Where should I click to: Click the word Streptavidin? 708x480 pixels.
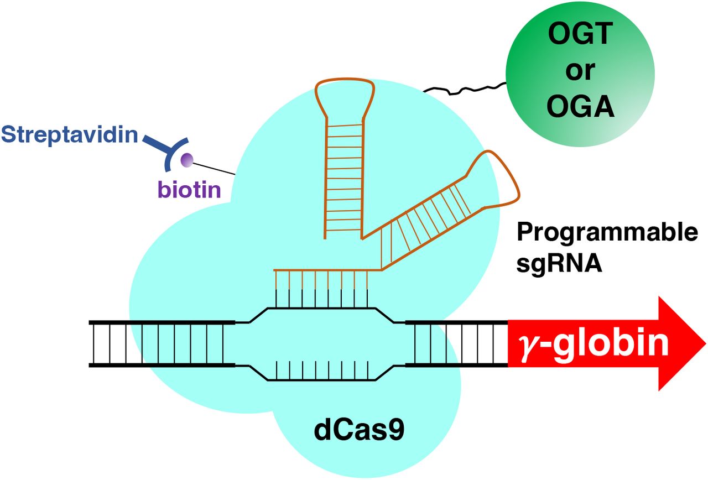69,134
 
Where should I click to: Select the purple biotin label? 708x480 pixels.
189,190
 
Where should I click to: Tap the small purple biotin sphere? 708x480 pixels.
188,160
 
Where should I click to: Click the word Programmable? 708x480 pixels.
607,233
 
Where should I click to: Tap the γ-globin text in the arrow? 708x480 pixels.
592,343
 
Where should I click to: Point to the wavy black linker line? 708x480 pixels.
464,88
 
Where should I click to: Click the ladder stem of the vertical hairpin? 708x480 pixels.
342,177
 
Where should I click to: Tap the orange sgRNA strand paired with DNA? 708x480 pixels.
321,270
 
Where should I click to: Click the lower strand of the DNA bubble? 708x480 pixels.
321,380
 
